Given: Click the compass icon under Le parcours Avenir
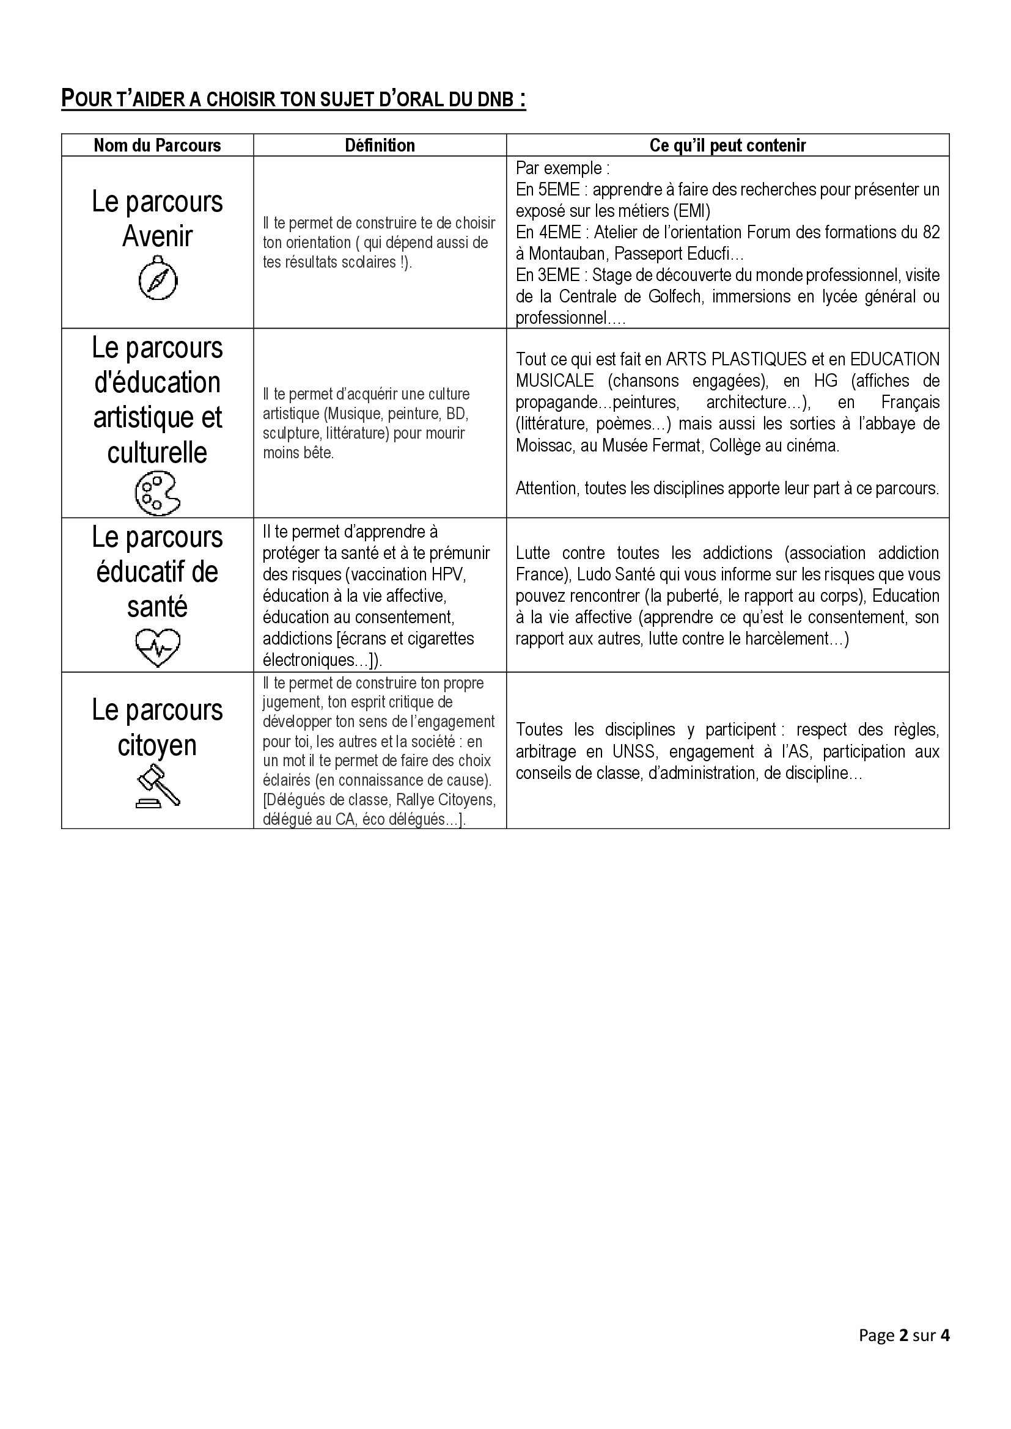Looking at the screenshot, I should click(x=158, y=280).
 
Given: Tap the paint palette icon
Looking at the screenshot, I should click(x=157, y=494).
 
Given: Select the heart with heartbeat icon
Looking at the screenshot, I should click(x=158, y=647).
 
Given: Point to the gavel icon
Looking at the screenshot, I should click(x=158, y=787).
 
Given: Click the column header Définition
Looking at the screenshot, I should click(x=380, y=145).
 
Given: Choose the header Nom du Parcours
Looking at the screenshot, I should click(x=157, y=145).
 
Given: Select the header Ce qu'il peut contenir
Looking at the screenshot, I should click(x=727, y=145).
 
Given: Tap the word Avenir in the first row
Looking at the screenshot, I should click(x=158, y=236).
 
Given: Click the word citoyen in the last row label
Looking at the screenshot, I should click(x=157, y=745).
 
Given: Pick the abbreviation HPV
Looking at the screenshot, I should click(x=449, y=574).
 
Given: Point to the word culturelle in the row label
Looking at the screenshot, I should click(x=157, y=453).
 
